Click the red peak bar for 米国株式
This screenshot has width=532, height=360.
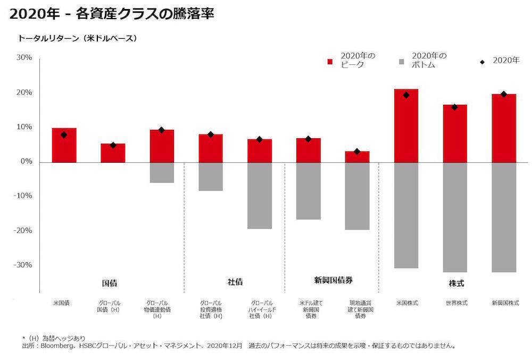(406, 125)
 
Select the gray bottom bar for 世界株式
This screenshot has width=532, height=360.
(455, 217)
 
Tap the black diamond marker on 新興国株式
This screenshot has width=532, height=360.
(504, 94)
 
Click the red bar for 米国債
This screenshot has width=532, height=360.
(64, 145)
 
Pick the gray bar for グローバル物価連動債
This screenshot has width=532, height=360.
(162, 172)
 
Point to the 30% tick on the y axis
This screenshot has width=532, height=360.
(25, 57)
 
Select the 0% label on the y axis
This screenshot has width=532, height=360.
(27, 162)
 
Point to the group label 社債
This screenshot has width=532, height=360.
(235, 282)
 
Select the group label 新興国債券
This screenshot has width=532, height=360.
(334, 280)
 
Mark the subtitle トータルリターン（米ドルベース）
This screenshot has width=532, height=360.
(78, 38)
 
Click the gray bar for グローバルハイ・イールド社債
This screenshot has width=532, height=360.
(260, 195)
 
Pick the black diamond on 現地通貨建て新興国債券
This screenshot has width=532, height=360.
(357, 152)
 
